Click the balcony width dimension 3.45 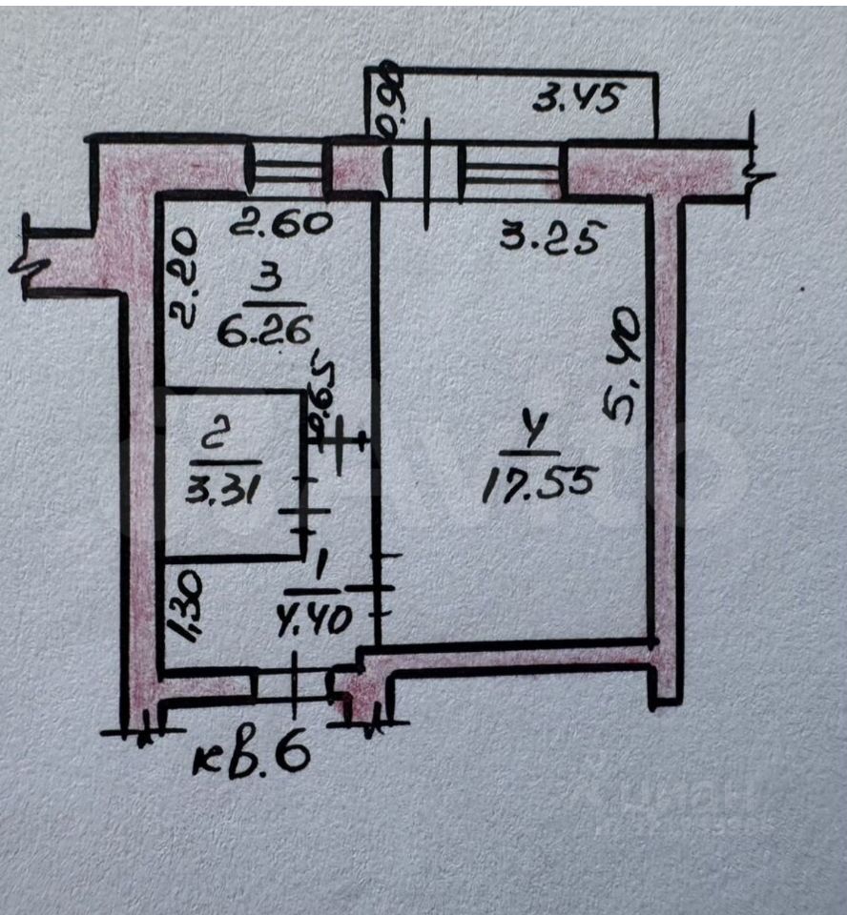click(577, 99)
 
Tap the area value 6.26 click(263, 330)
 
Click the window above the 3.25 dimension click(510, 171)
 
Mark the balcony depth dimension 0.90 click(390, 101)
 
